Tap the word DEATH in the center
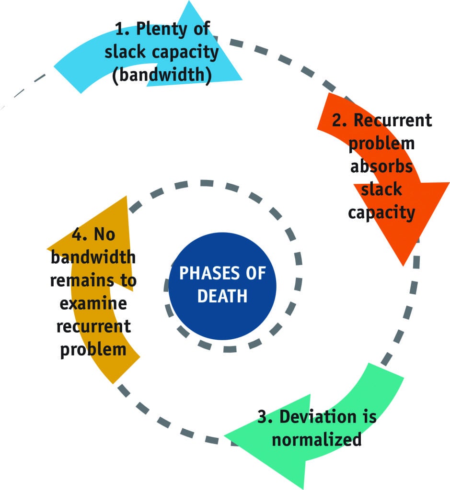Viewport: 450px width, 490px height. [x=222, y=296]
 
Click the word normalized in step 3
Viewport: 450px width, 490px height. [x=317, y=439]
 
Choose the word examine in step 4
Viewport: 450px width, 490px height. [x=93, y=304]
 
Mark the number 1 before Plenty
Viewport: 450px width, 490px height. [x=121, y=29]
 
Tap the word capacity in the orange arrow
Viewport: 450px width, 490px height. [x=381, y=212]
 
